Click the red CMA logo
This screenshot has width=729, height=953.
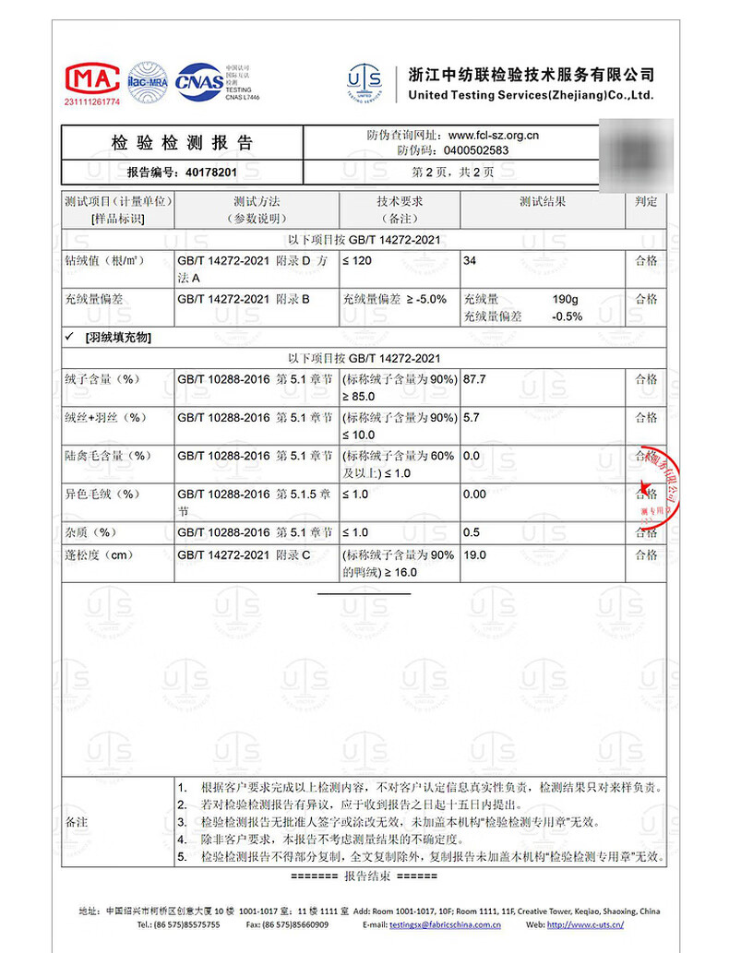pos(91,78)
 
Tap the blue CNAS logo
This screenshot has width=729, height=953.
pos(206,78)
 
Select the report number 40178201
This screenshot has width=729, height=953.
pos(211,172)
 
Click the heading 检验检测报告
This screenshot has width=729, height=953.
pos(182,143)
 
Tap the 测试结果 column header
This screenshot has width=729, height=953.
pos(542,201)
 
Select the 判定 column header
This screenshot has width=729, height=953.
pos(646,201)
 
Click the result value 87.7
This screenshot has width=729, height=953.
pos(474,379)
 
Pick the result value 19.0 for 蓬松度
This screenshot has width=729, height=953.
pos(474,555)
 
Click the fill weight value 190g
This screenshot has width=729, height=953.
pos(565,299)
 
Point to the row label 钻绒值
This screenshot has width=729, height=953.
pos(104,261)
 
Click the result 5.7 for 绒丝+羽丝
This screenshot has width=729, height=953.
pos(471,418)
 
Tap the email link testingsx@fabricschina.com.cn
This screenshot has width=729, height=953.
pos(445,923)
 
